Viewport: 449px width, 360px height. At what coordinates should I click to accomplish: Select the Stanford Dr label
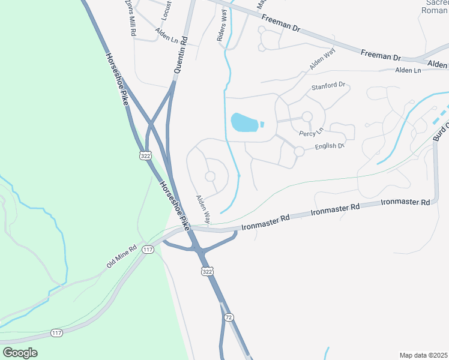pos(329,86)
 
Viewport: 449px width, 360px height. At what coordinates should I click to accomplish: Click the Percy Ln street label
pos(311,130)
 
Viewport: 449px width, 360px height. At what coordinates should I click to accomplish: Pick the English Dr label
pos(329,146)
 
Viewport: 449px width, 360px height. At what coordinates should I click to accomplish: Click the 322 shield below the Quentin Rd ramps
pos(145,155)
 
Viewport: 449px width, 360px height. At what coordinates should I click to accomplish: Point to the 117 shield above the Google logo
pos(56,333)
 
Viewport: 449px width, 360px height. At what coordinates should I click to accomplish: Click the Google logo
pos(20,353)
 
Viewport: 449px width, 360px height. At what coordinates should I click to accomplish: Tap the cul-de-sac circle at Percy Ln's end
pos(307,116)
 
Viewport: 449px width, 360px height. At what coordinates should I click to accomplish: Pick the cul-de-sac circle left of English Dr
pos(299,152)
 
